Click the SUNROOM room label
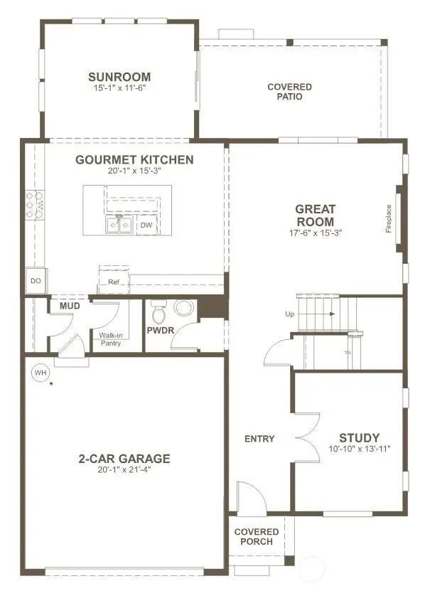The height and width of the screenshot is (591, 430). (119, 77)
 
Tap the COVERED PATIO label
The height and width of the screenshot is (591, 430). (289, 92)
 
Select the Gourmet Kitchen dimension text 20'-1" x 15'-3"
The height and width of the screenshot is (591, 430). (134, 171)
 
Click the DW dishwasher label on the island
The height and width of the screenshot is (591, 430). (146, 225)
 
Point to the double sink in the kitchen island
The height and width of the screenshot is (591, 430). (119, 225)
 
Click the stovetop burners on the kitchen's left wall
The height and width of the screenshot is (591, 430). (34, 204)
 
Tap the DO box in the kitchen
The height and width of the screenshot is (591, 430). (35, 281)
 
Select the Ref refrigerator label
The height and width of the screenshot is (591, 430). (114, 282)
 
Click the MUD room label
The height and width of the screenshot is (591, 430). (70, 306)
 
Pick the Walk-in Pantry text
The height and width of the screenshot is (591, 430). (109, 339)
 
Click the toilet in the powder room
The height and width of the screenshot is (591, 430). (158, 312)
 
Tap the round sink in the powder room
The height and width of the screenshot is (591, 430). (184, 308)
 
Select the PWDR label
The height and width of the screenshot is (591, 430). (160, 331)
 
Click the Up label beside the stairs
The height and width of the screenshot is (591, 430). (290, 313)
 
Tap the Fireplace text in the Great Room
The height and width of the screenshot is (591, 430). (389, 218)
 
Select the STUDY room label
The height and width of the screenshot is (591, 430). (359, 437)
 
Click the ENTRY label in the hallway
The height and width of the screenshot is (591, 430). (259, 439)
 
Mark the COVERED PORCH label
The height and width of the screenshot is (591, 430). (256, 536)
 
